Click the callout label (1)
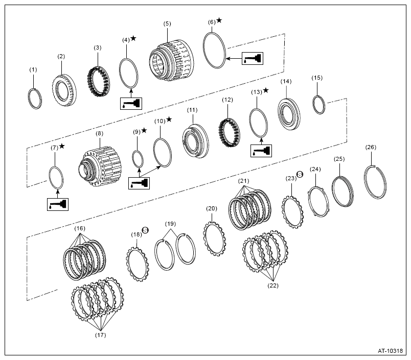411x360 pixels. pos(33,69)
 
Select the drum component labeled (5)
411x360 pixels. pos(172,60)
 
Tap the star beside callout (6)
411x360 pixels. pos(219,20)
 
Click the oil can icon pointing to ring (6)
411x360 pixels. pos(253,58)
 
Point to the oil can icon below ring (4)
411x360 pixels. pos(131,104)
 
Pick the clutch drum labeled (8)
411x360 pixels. pos(100,166)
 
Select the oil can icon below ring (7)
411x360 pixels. pos(58,204)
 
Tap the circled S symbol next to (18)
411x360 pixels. pos(145,230)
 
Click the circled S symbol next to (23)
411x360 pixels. pos(300,174)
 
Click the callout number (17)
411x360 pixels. pos(100,335)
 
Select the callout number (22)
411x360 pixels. pos(273,285)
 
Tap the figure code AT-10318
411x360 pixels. pos(390,351)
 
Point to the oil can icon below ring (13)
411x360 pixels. pos(261,151)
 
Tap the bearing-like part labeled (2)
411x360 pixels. pos(64,90)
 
